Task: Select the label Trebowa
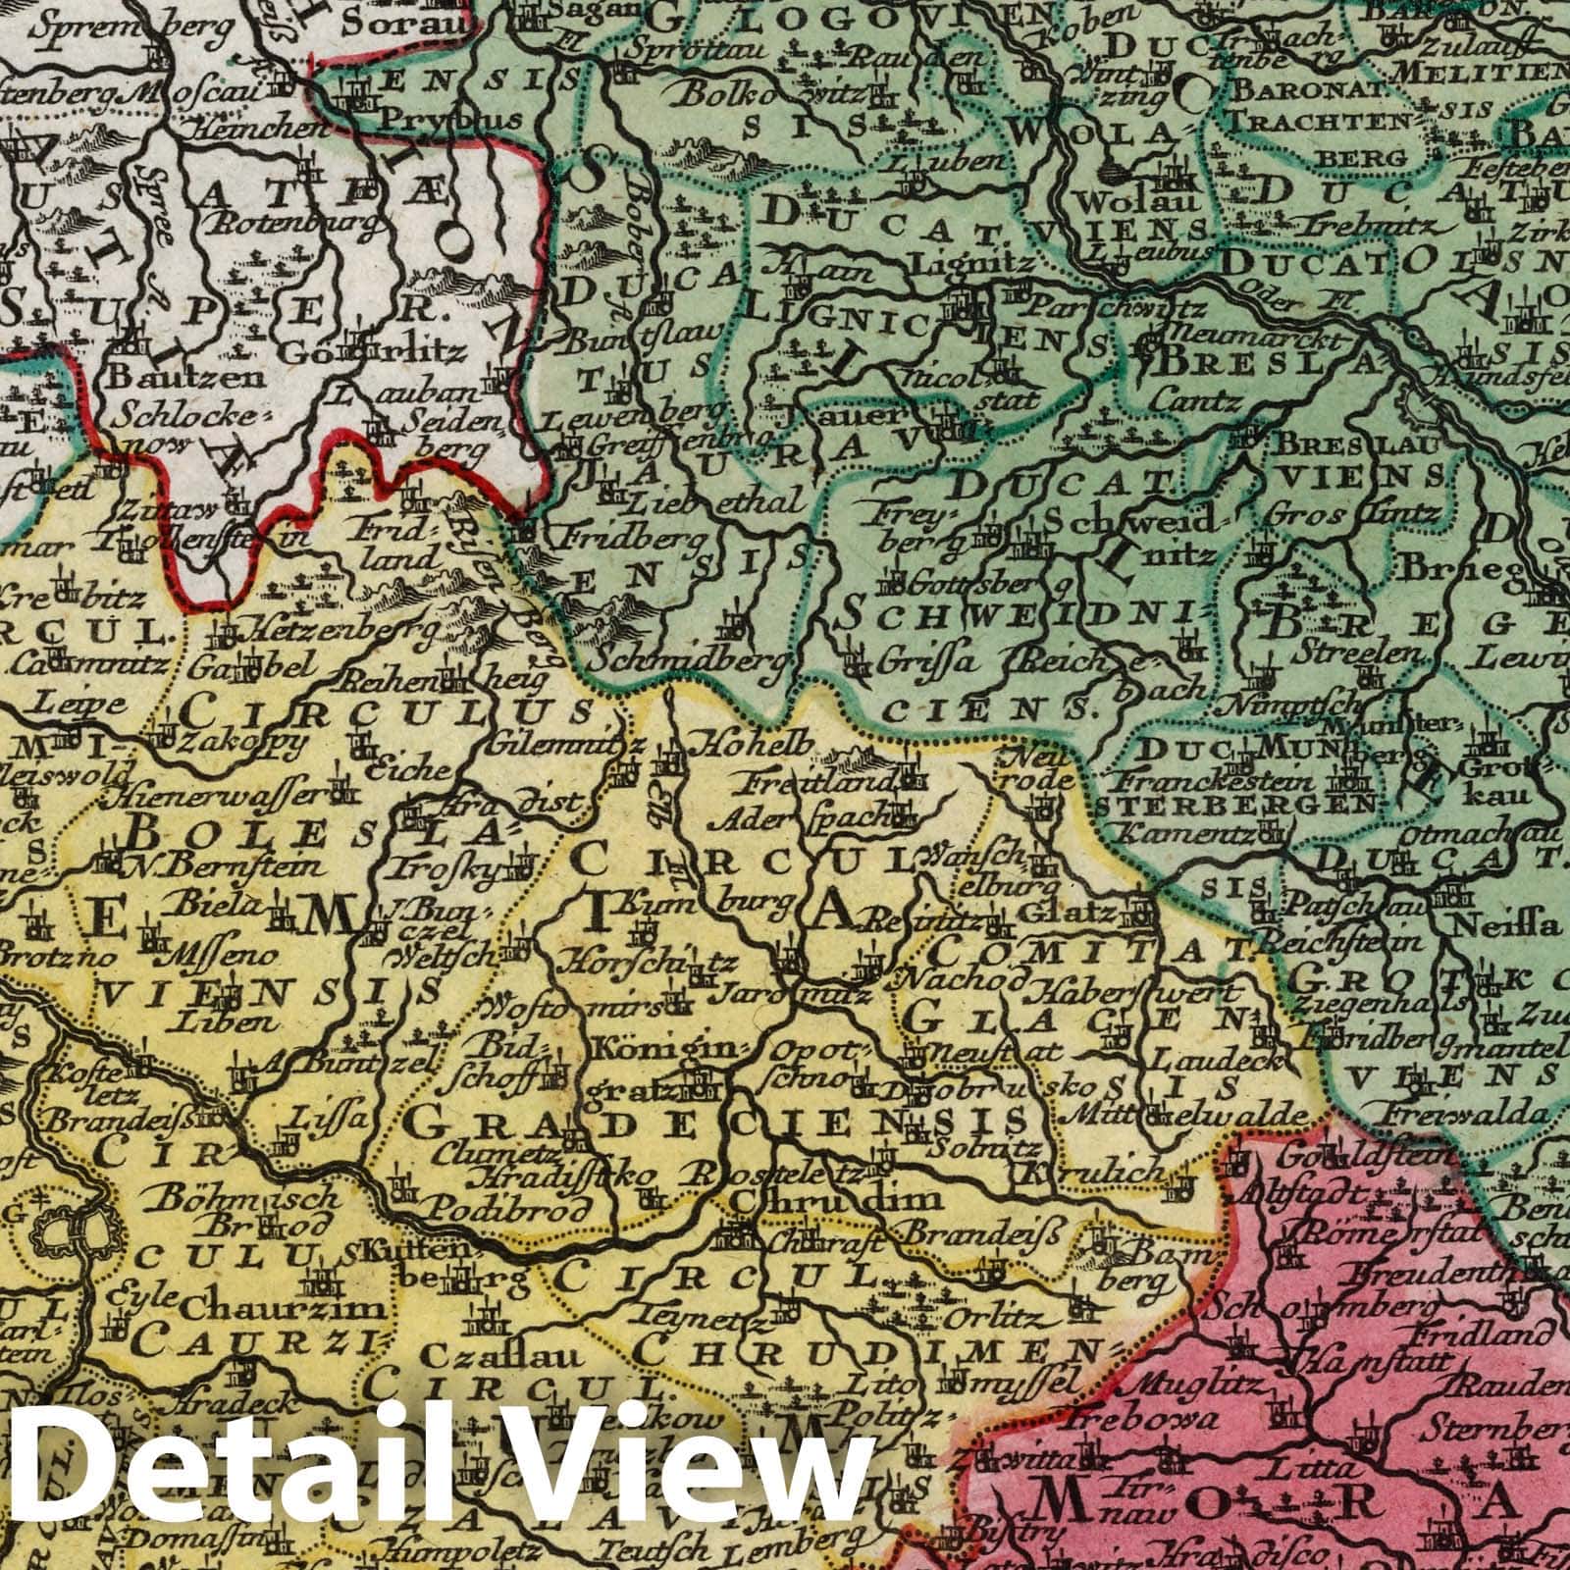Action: (x=1152, y=1419)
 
